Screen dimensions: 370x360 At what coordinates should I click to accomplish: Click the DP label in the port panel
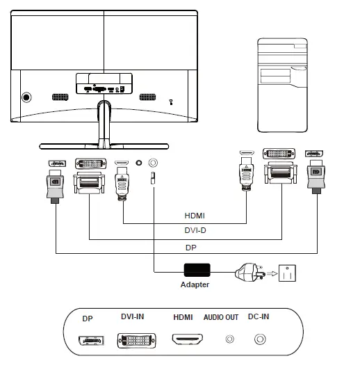click(87, 319)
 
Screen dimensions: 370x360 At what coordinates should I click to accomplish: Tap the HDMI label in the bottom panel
click(183, 318)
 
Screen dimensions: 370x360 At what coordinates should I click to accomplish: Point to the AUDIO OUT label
click(221, 318)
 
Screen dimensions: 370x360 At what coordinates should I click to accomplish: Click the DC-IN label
click(259, 318)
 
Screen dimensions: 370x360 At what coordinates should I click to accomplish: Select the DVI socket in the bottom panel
click(133, 341)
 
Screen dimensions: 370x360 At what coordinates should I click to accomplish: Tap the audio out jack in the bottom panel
click(229, 340)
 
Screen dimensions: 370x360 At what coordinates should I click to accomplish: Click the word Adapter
click(195, 284)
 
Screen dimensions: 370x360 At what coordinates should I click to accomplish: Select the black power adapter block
click(196, 271)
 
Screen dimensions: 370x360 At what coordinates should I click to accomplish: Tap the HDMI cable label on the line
click(195, 216)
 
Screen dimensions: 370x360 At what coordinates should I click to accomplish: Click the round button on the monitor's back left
click(26, 97)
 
